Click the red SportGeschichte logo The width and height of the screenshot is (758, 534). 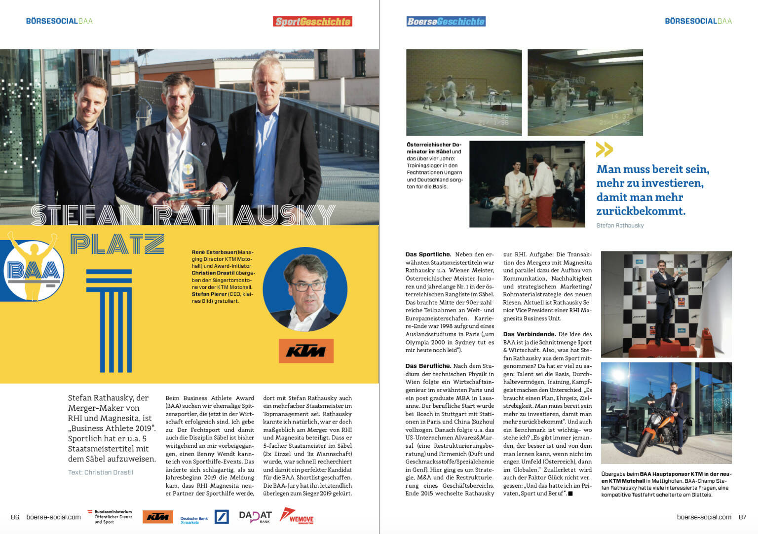[312, 21]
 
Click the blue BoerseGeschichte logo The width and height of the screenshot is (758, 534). [446, 21]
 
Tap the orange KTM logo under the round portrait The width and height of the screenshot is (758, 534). [306, 351]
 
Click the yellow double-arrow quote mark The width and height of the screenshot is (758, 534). [604, 149]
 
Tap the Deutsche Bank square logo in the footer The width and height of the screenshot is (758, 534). [222, 517]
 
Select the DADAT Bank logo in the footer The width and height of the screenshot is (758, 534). [255, 516]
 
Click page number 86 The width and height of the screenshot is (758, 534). [15, 517]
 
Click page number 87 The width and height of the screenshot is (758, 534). [742, 517]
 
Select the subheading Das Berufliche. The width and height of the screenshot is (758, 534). [428, 366]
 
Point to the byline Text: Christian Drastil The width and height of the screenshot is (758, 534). [101, 472]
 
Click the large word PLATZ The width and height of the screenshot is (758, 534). [117, 244]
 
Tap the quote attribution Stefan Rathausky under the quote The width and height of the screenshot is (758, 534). [620, 225]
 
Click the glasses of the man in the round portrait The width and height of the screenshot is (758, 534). [308, 285]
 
